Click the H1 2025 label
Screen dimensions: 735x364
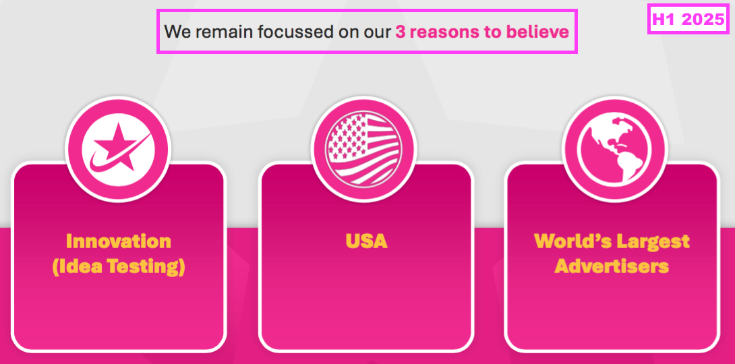click(688, 19)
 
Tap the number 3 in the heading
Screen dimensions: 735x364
click(401, 32)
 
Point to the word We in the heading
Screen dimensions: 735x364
click(176, 32)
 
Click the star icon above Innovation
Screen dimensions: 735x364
click(118, 148)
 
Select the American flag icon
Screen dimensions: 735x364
click(363, 148)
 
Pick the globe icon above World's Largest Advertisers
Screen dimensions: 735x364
click(614, 148)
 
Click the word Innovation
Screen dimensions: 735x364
click(119, 241)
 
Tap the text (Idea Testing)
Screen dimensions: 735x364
click(119, 266)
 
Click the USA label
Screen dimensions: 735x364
click(367, 241)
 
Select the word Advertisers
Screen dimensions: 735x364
click(612, 266)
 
